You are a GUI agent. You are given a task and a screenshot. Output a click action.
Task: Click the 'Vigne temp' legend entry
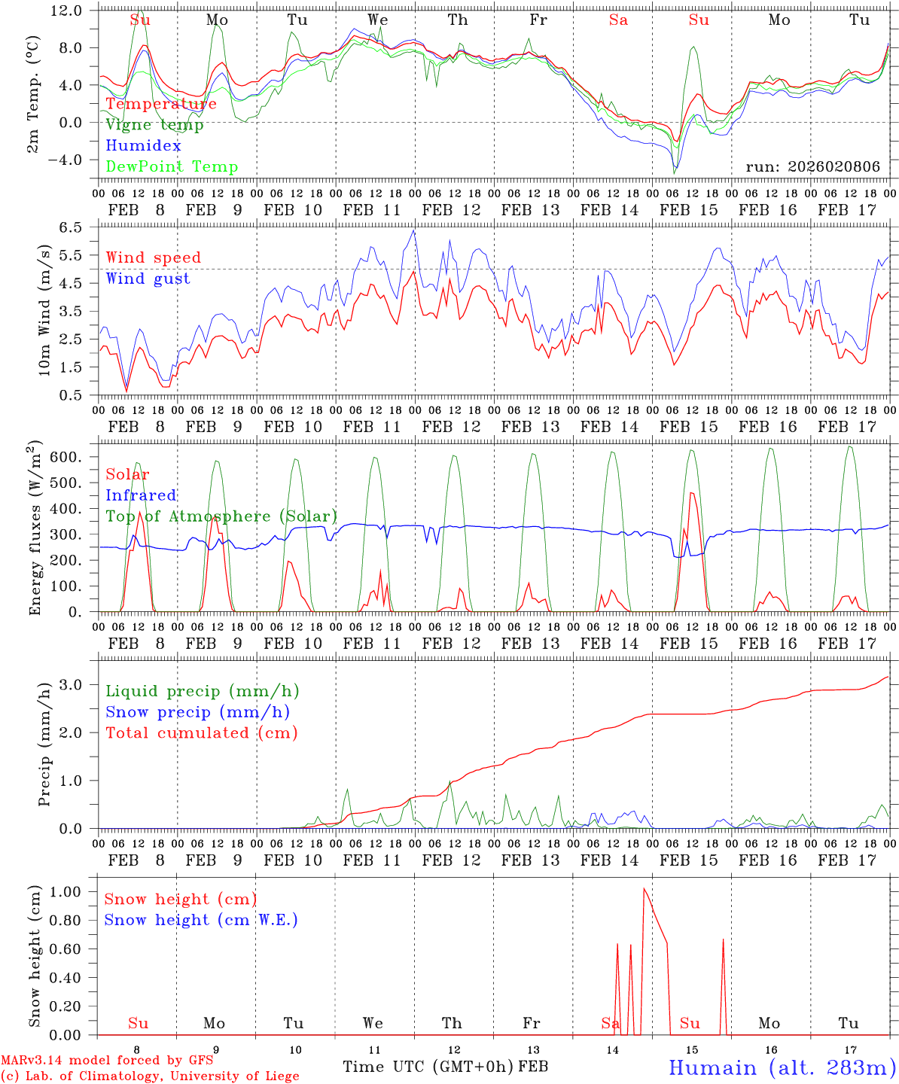coord(154,125)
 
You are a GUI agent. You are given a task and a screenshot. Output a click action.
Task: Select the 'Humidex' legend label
coord(143,146)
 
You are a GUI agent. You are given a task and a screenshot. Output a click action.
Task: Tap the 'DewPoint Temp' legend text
coord(172,167)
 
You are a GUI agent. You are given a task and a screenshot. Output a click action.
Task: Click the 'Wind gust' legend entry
coord(148,279)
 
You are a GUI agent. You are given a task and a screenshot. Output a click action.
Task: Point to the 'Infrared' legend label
coord(141,495)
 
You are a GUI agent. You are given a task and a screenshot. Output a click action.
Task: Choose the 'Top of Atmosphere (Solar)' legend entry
coord(221,516)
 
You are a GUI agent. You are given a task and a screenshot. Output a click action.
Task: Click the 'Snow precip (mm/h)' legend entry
coord(197,712)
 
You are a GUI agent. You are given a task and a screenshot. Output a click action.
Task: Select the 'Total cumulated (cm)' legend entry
coord(201,733)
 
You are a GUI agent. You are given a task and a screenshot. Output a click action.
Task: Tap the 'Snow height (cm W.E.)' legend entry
coord(200,920)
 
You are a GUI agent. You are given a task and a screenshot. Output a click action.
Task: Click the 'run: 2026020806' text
coord(812,167)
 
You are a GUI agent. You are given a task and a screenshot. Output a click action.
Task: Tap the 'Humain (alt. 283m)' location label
coord(782,1067)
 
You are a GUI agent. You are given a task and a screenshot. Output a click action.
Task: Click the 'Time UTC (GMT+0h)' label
coord(428,1067)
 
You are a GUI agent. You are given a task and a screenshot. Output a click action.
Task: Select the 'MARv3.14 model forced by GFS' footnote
coord(106,1061)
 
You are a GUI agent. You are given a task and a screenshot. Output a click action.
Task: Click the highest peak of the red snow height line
coord(644,889)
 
